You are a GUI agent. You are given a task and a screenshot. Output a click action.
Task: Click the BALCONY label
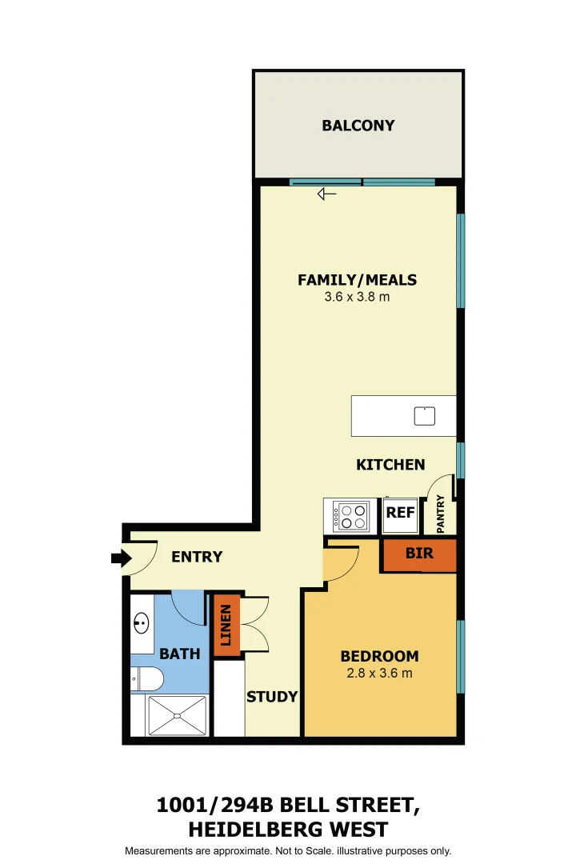point(358,126)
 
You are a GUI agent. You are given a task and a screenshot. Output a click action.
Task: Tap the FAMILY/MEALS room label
point(357,280)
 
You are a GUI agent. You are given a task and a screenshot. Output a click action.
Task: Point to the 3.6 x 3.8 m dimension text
point(357,297)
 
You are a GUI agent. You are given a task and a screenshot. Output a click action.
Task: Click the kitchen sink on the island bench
point(425,416)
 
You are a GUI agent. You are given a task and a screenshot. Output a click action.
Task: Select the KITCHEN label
point(390,465)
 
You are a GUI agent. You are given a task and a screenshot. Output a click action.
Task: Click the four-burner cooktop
point(350,517)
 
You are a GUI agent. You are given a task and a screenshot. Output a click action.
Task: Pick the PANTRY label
point(441,514)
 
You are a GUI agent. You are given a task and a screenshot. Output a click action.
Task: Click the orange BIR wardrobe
point(419,555)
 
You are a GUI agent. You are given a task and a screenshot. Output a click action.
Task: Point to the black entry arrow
point(122,558)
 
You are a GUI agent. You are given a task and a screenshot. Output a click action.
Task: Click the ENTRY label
point(197,557)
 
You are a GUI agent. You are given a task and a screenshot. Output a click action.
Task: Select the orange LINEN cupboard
point(226,626)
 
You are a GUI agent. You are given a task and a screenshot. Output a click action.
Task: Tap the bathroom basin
point(142,624)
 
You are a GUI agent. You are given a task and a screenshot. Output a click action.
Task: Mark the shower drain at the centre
point(177,716)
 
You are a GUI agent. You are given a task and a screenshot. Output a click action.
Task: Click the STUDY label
point(272,697)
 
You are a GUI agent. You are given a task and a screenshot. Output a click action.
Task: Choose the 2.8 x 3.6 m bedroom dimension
point(379,674)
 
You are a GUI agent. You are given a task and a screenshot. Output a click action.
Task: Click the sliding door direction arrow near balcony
point(326,194)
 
